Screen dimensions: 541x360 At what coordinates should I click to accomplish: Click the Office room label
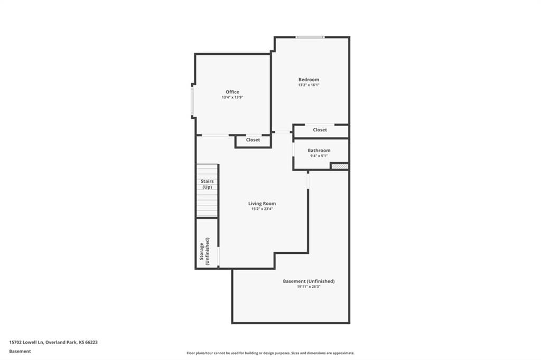pyautogui.click(x=232, y=92)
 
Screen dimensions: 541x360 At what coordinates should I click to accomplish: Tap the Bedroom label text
pyautogui.click(x=309, y=80)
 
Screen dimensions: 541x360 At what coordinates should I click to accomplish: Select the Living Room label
pyautogui.click(x=262, y=203)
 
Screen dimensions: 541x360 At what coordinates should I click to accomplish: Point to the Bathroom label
pyautogui.click(x=319, y=150)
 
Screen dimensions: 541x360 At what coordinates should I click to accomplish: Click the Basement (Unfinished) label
pyautogui.click(x=309, y=281)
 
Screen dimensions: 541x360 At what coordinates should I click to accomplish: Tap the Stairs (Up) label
pyautogui.click(x=207, y=184)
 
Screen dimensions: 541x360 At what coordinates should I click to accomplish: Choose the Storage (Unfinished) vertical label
pyautogui.click(x=204, y=251)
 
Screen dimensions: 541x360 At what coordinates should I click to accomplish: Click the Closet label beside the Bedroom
pyautogui.click(x=320, y=130)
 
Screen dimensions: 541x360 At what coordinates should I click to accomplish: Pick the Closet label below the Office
pyautogui.click(x=253, y=140)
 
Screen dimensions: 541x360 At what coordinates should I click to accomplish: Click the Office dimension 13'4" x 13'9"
pyautogui.click(x=232, y=98)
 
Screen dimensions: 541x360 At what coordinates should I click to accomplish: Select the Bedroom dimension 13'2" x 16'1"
pyautogui.click(x=309, y=85)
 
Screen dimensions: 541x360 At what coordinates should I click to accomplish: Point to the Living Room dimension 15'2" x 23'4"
pyautogui.click(x=262, y=209)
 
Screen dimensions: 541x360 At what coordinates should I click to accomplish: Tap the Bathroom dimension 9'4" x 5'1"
pyautogui.click(x=319, y=156)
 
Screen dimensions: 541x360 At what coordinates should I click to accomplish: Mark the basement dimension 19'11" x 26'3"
pyautogui.click(x=309, y=287)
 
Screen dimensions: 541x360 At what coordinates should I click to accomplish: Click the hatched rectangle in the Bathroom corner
pyautogui.click(x=340, y=166)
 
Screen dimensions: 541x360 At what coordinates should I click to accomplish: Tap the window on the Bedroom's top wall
pyautogui.click(x=310, y=37)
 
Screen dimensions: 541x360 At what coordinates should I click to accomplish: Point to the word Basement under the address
pyautogui.click(x=20, y=352)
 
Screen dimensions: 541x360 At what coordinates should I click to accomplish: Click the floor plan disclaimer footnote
pyautogui.click(x=270, y=353)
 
